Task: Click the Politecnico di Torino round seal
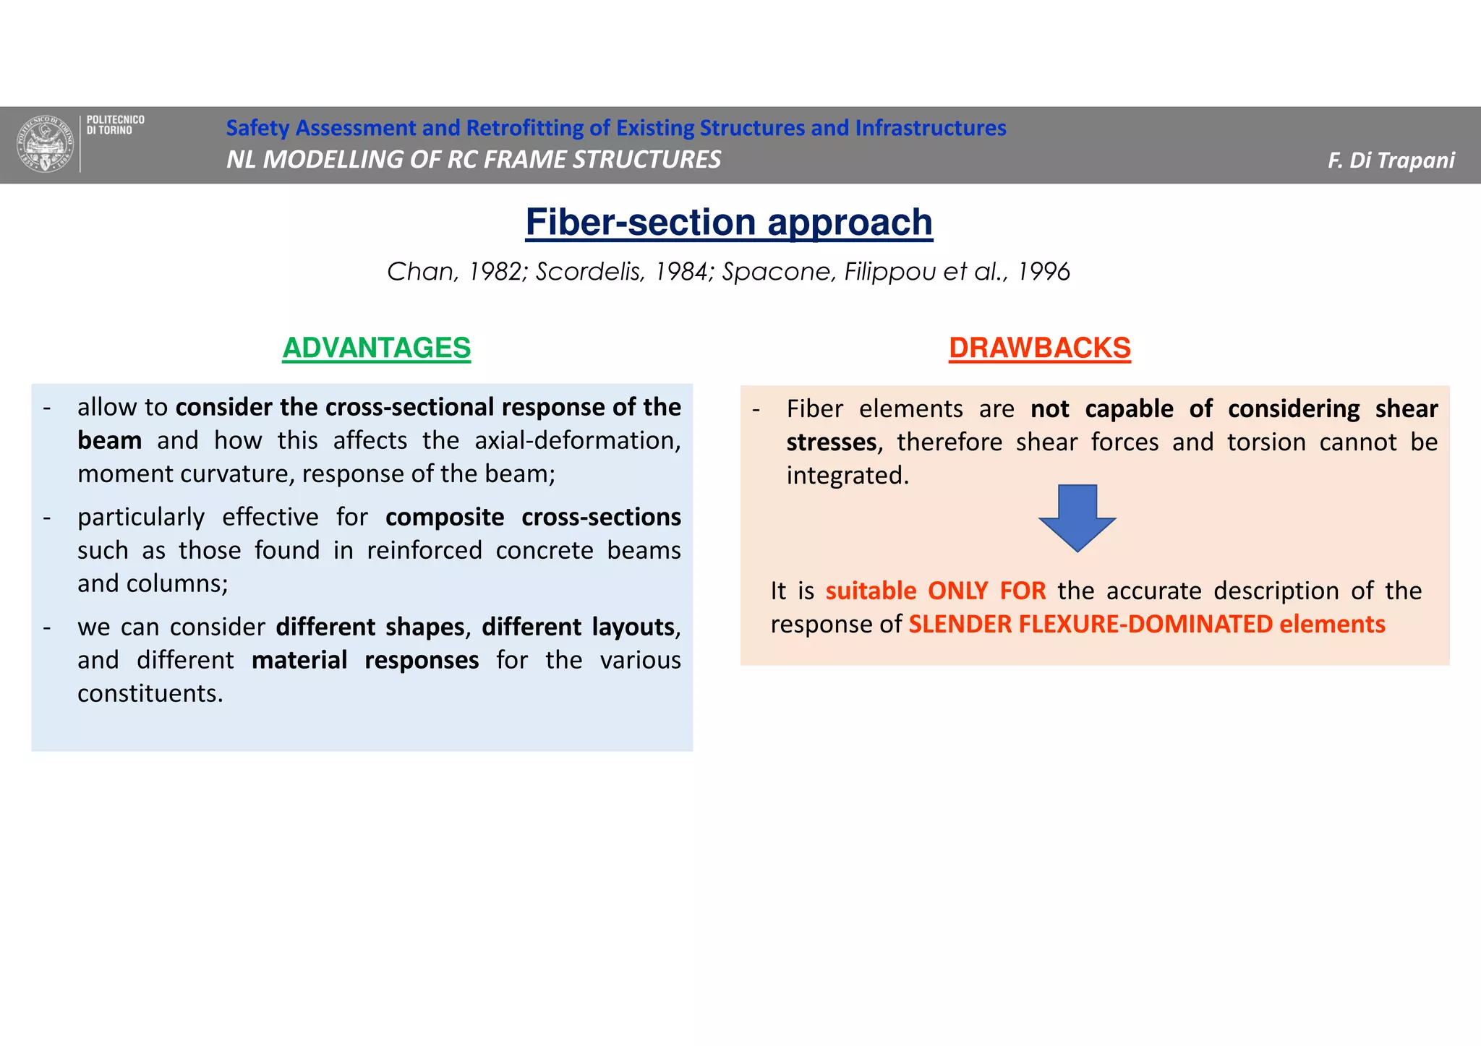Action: [x=46, y=144]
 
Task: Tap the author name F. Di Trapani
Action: [x=1391, y=160]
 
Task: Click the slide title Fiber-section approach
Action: [x=729, y=222]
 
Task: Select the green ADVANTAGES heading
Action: [x=376, y=348]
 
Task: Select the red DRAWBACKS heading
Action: [x=1039, y=348]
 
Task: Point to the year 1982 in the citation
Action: [x=496, y=272]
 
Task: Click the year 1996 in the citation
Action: [x=1043, y=272]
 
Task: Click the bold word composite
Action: [x=444, y=518]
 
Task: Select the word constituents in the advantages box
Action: [x=150, y=694]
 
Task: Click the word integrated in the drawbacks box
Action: [x=847, y=476]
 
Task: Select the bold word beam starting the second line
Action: [x=109, y=441]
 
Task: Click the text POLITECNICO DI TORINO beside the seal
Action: [x=115, y=125]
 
